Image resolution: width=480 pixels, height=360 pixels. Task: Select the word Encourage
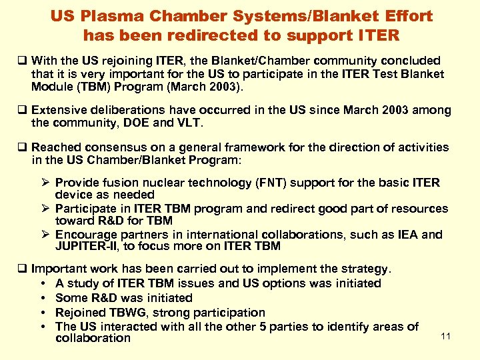coord(86,235)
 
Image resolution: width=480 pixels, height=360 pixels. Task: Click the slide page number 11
coord(446,336)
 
